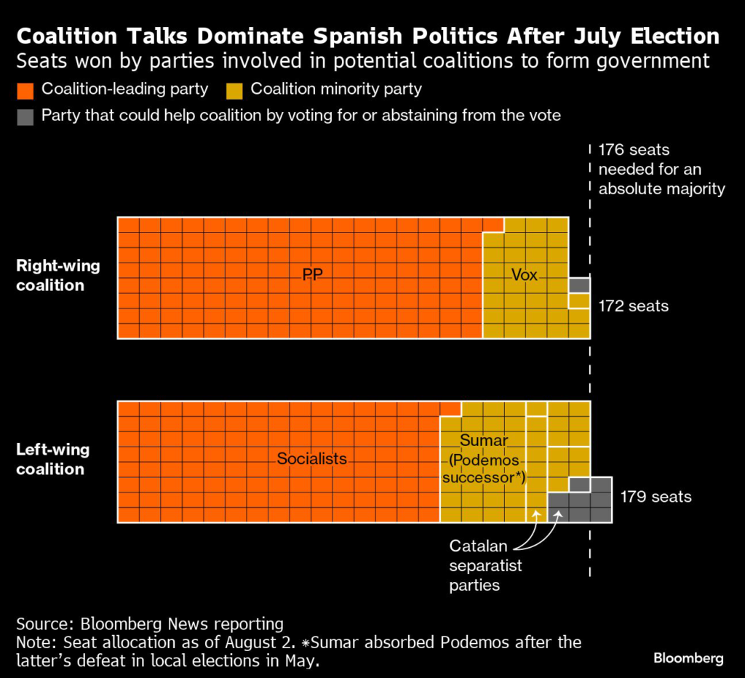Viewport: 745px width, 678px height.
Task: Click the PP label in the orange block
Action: pos(313,275)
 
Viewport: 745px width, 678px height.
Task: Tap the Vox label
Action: pos(525,275)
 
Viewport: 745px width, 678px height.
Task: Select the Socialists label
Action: pos(312,459)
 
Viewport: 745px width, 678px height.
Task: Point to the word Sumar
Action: pos(484,441)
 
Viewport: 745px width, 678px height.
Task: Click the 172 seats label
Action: pos(633,306)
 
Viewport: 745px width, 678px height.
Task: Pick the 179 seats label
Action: pos(656,498)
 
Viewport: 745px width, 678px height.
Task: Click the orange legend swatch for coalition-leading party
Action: pos(25,91)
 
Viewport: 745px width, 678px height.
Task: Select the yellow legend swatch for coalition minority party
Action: pos(234,91)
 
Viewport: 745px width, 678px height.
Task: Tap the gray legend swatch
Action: pos(25,116)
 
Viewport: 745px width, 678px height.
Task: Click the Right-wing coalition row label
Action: pos(58,275)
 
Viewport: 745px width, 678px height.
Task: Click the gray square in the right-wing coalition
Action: pos(579,284)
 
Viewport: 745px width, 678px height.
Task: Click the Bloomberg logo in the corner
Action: pos(688,658)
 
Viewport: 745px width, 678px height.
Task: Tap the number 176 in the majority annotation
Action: pos(611,151)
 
